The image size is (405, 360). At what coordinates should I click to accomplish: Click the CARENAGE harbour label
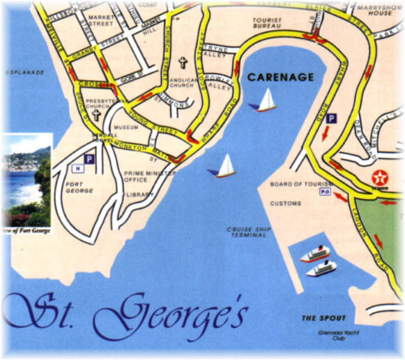(280, 77)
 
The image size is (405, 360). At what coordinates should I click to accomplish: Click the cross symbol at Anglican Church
(183, 63)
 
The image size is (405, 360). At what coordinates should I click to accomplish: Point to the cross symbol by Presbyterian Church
(95, 116)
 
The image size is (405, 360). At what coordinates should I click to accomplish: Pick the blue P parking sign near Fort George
(89, 159)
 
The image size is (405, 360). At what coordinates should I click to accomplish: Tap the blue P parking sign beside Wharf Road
(332, 119)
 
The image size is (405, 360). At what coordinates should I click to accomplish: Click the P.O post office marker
(324, 191)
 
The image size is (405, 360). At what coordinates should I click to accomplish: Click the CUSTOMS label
(285, 203)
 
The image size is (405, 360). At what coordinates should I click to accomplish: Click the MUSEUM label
(125, 128)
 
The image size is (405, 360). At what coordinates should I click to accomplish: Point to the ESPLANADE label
(25, 72)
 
